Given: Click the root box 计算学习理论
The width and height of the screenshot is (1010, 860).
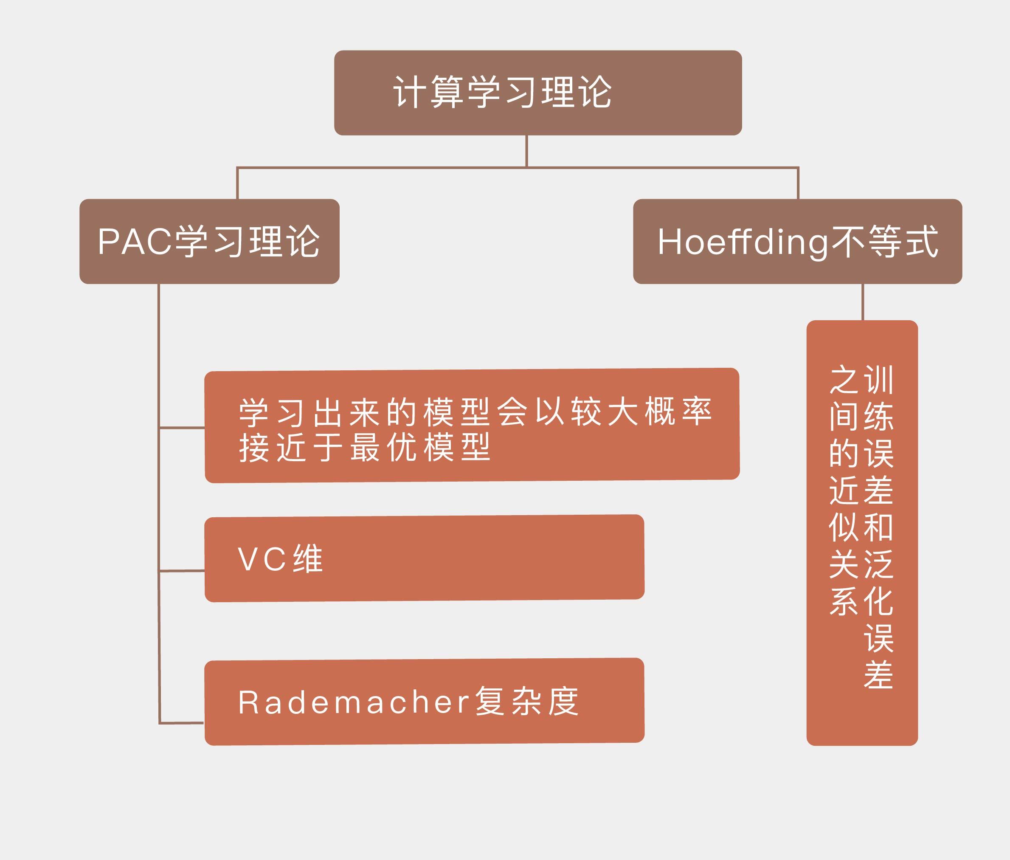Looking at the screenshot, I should [x=537, y=93].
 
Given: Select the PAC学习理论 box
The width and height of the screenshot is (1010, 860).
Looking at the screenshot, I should [x=209, y=241].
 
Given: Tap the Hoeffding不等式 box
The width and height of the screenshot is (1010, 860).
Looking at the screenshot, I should [x=797, y=241].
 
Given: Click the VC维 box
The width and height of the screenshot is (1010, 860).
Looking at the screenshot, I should [x=424, y=558].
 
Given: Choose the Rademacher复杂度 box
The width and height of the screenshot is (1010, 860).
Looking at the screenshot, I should [x=424, y=702].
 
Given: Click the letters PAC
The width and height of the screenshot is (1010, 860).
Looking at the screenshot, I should [x=135, y=241].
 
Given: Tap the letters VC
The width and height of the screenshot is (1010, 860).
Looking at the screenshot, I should [x=262, y=559].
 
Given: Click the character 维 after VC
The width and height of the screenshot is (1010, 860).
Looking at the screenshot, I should [x=307, y=559].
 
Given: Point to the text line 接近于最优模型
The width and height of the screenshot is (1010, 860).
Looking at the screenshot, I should [x=365, y=448].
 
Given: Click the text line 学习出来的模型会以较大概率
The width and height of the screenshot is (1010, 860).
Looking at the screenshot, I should [x=475, y=412].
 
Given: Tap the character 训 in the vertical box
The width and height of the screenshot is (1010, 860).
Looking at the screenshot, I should [x=878, y=380].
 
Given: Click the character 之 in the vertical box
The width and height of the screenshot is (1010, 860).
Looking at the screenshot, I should [x=844, y=380].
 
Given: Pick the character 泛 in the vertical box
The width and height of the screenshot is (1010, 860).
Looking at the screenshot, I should [x=878, y=564].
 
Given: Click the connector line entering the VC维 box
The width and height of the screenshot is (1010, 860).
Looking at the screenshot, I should [x=182, y=570].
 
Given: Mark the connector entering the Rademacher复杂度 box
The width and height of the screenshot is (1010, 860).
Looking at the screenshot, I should [x=181, y=722].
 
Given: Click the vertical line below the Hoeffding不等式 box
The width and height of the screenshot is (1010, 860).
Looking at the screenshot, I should [x=863, y=302].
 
